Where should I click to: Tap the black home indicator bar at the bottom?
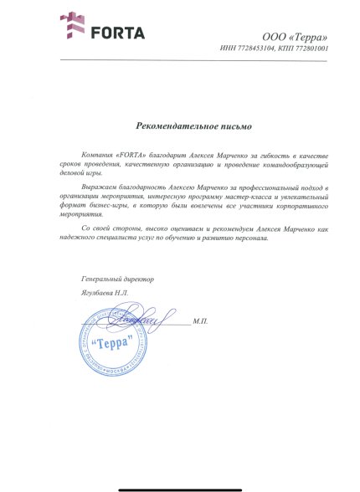point(180,482)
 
